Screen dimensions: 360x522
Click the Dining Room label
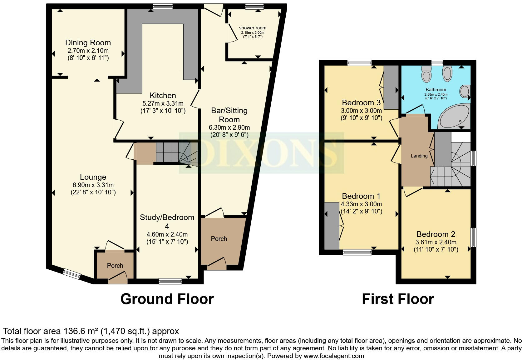pyautogui.click(x=88, y=43)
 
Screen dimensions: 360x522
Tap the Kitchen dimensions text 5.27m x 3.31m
pyautogui.click(x=163, y=103)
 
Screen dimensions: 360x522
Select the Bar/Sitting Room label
pyautogui.click(x=229, y=115)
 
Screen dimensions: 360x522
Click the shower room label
pyautogui.click(x=253, y=28)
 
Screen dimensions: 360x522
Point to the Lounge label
pyautogui.click(x=93, y=177)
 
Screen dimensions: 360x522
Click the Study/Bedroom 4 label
pyautogui.click(x=167, y=222)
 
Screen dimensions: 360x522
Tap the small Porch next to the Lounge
pyautogui.click(x=115, y=266)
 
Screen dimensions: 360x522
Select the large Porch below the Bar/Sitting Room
pyautogui.click(x=219, y=239)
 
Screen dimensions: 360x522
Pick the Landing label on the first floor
pyautogui.click(x=419, y=156)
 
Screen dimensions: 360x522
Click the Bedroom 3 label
pyautogui.click(x=361, y=102)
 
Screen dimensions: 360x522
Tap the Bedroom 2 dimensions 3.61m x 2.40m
pyautogui.click(x=436, y=242)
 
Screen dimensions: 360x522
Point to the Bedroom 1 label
pyautogui.click(x=361, y=196)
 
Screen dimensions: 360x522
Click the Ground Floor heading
pyautogui.click(x=167, y=299)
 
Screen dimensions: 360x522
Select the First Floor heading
pyautogui.click(x=397, y=299)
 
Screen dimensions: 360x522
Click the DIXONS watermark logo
pyautogui.click(x=261, y=153)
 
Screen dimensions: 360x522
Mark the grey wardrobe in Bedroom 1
pyautogui.click(x=332, y=226)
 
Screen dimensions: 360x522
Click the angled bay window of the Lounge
pyautogui.click(x=71, y=274)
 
